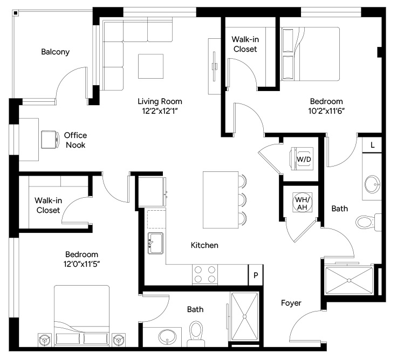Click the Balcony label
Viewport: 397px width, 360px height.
[x=55, y=52]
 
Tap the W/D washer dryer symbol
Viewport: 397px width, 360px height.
[x=302, y=159]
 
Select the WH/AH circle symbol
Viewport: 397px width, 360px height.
[x=302, y=203]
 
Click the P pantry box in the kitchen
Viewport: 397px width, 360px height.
[x=256, y=275]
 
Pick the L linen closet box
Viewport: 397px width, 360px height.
[x=372, y=145]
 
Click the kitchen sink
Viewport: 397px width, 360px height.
[x=155, y=243]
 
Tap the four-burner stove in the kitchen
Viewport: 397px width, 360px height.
[x=205, y=275]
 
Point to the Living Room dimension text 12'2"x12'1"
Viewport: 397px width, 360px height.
[x=160, y=111]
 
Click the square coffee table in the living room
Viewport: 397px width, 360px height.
[x=150, y=66]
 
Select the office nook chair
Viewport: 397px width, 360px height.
[x=50, y=140]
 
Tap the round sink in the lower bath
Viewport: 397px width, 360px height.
[x=167, y=337]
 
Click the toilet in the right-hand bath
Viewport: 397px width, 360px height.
[x=368, y=222]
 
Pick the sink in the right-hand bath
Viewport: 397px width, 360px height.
[x=372, y=184]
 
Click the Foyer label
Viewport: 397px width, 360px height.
[x=291, y=303]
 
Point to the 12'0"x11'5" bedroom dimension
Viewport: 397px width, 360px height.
[x=81, y=264]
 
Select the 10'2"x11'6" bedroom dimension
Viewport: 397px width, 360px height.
[x=326, y=111]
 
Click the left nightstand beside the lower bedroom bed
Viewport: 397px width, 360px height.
[x=45, y=340]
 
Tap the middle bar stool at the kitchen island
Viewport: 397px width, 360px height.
[x=243, y=200]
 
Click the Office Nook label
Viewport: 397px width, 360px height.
[x=76, y=140]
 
